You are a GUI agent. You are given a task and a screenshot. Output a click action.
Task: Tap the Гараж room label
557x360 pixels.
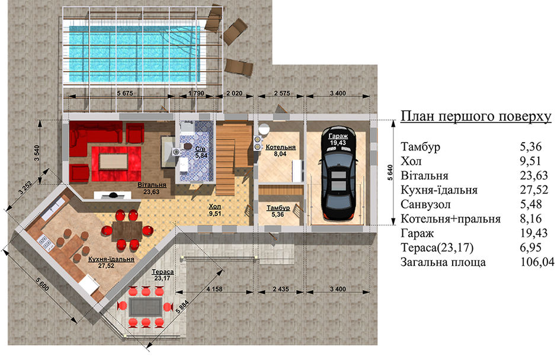(x=338, y=136)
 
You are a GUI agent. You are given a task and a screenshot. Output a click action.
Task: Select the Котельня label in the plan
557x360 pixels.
(x=281, y=147)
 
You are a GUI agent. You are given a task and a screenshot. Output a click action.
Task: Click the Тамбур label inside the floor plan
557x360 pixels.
(x=278, y=208)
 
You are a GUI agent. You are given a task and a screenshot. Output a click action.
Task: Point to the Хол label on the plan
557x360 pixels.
(x=215, y=207)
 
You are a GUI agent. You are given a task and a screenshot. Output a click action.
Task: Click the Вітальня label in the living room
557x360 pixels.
(x=152, y=185)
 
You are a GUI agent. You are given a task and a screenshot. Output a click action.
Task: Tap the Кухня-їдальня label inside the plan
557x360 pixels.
(x=111, y=259)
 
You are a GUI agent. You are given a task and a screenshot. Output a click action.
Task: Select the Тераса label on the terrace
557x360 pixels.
(x=163, y=272)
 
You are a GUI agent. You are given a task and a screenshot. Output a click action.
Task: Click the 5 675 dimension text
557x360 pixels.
(x=124, y=94)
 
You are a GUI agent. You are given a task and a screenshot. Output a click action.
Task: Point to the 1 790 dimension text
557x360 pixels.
(x=196, y=94)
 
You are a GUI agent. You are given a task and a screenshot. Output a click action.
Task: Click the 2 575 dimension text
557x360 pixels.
(x=281, y=94)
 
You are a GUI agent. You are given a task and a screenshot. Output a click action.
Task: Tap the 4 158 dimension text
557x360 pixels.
(x=215, y=289)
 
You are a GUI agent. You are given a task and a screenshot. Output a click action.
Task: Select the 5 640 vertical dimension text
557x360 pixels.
(x=390, y=172)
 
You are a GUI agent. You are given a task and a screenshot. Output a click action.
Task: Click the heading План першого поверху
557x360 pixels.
(x=476, y=116)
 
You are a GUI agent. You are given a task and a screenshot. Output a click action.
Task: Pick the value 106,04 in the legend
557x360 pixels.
(x=537, y=262)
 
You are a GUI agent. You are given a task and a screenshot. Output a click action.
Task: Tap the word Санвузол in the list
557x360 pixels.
(x=425, y=204)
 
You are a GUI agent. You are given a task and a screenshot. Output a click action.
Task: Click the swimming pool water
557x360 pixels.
(x=135, y=54)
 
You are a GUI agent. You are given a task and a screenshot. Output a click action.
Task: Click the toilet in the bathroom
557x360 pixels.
(x=186, y=146)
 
